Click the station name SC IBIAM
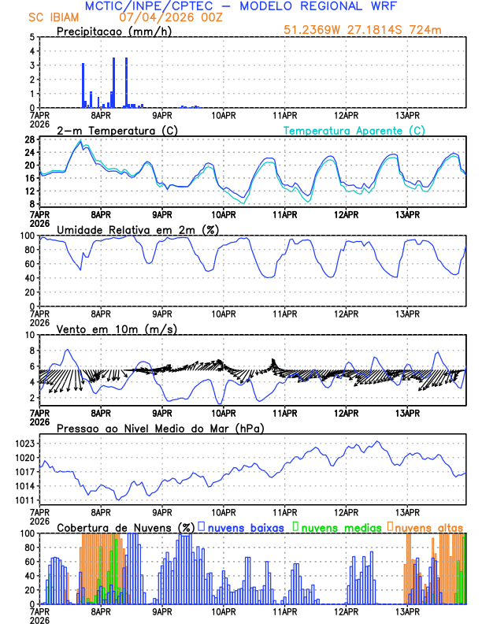50,17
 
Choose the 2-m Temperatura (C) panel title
116,130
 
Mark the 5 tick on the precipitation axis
32,37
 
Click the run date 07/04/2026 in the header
154,17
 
